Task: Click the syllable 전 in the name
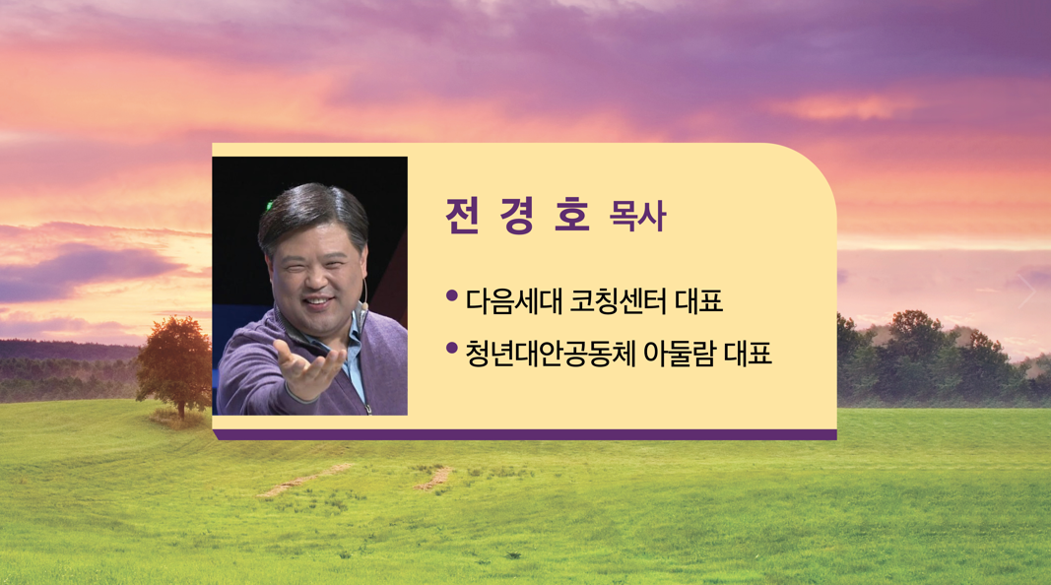pos(462,216)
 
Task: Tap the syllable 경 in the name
pos(516,216)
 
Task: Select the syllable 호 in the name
pos(571,216)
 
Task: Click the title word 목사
pos(637,217)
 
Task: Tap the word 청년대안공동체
pos(551,354)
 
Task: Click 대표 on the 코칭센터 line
pos(699,301)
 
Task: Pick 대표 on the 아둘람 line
pos(748,354)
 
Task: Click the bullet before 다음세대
pos(452,295)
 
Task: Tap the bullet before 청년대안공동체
pos(452,348)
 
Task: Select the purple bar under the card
pos(525,435)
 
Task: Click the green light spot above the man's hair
pos(270,205)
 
